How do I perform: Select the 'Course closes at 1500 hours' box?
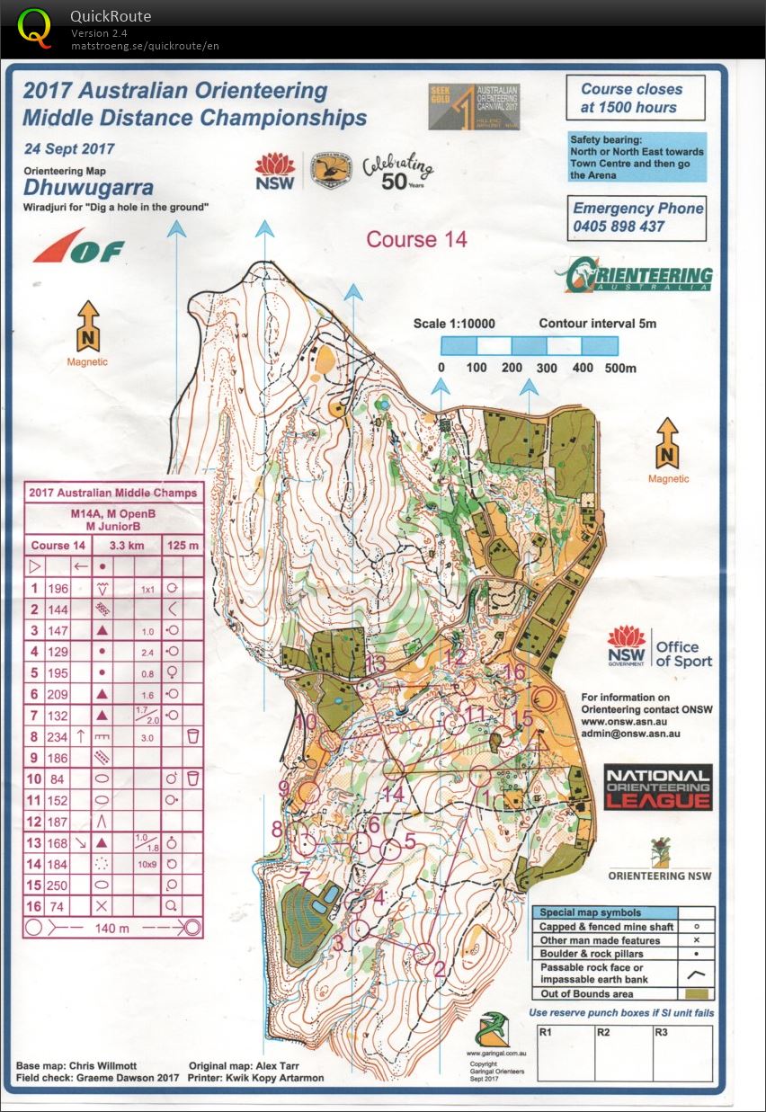(x=635, y=98)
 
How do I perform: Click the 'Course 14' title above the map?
(x=416, y=239)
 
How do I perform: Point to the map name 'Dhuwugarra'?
(x=88, y=188)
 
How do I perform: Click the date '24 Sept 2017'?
(x=69, y=149)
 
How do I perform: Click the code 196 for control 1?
(x=58, y=589)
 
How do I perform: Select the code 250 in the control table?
(x=58, y=886)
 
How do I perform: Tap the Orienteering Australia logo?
(x=634, y=276)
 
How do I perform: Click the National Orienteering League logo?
(x=657, y=787)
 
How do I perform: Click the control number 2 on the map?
(x=440, y=968)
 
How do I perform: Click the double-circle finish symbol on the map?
(x=542, y=699)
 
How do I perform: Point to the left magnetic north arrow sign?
(x=87, y=327)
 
